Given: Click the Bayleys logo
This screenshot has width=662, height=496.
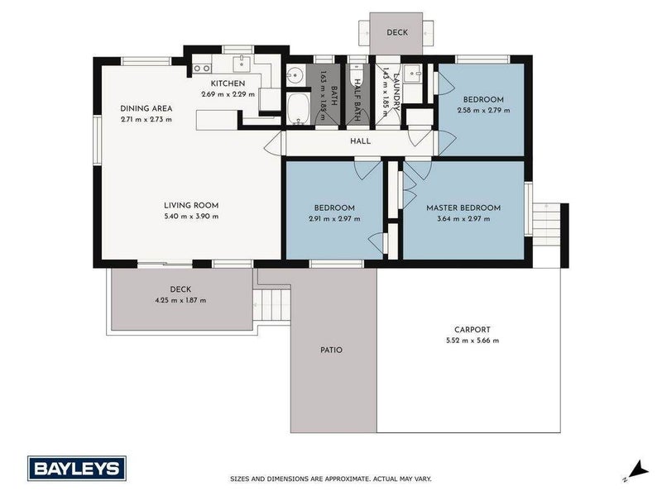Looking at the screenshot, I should [x=77, y=468].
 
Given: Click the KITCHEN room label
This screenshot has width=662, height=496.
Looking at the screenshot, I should [x=228, y=83].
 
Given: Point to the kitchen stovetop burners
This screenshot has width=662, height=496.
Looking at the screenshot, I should [x=202, y=67].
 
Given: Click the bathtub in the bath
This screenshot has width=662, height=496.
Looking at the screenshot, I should [x=297, y=108].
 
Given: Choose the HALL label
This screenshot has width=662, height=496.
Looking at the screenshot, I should [x=360, y=141].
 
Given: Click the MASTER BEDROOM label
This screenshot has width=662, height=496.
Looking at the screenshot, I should [x=463, y=207].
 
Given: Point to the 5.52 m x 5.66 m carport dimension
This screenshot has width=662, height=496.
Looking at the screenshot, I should [x=469, y=340].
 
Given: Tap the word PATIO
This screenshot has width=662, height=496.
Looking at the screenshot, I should [x=330, y=350].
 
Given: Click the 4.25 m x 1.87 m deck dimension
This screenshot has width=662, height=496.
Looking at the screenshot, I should [x=180, y=300].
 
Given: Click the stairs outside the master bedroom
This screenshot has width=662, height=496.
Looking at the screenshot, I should [x=548, y=222].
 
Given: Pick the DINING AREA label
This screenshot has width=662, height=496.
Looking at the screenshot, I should [x=146, y=108].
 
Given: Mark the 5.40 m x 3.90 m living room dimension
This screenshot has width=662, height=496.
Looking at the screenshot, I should [x=190, y=217].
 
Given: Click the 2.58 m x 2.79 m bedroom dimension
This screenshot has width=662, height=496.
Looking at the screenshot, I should [x=483, y=110].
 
